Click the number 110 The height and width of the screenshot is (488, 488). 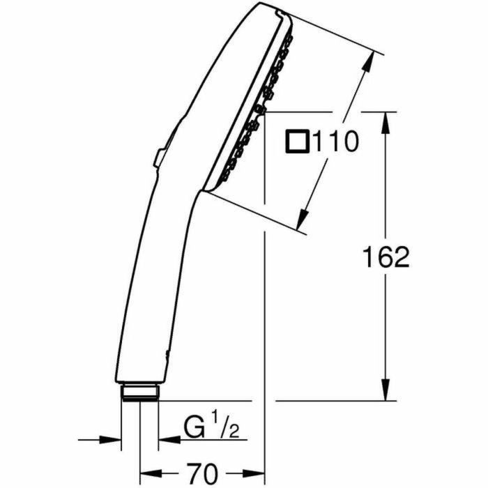tap(335, 142)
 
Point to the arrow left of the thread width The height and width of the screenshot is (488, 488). tap(112, 439)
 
